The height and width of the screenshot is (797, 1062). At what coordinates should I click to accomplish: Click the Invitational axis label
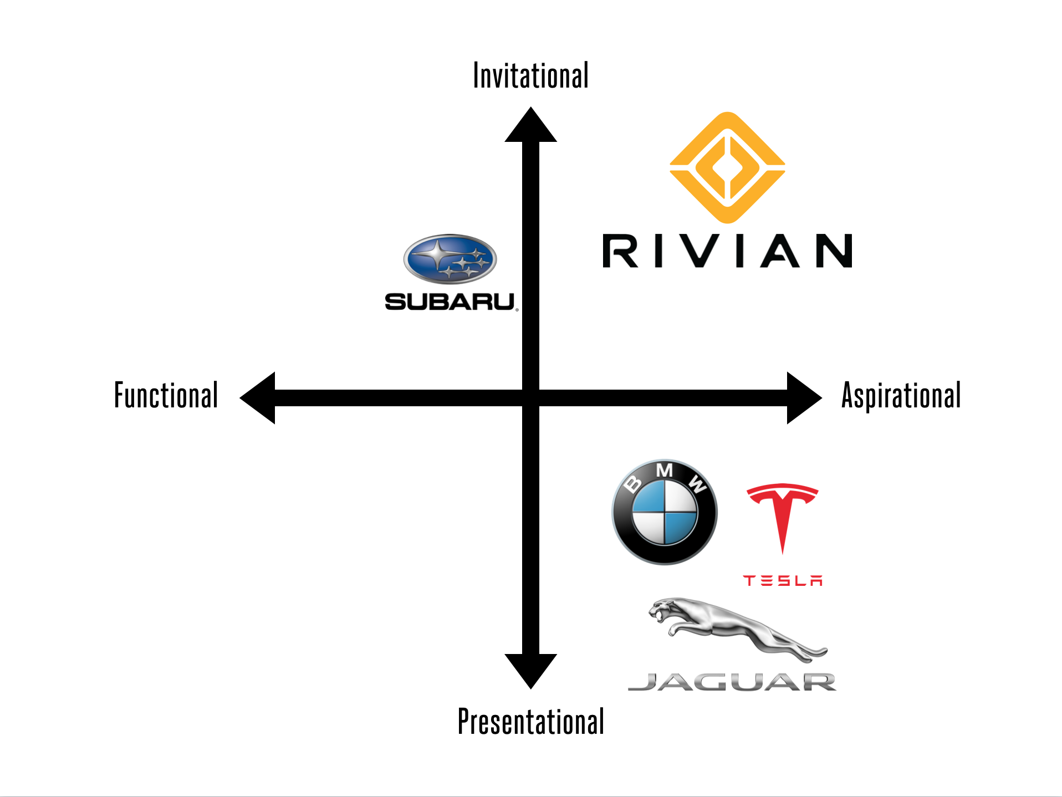point(530,76)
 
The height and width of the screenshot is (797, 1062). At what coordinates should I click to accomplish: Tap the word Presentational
point(530,721)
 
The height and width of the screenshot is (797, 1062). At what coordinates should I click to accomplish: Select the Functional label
point(166,395)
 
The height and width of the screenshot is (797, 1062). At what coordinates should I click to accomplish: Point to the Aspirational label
point(901,396)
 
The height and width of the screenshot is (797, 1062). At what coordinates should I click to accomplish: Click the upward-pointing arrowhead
point(530,127)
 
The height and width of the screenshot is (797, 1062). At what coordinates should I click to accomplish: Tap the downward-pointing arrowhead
point(530,669)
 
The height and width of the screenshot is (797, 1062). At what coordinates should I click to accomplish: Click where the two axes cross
point(530,398)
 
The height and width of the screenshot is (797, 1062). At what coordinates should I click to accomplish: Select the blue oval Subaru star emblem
point(450,259)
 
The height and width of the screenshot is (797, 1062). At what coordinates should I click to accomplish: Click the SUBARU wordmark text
point(450,302)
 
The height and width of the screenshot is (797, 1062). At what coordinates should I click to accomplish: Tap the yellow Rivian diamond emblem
point(727,167)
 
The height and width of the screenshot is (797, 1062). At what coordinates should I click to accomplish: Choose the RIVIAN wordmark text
point(727,251)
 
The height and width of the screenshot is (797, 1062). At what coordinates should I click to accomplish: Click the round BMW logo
point(664,512)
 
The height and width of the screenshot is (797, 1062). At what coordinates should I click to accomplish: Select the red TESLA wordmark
point(783,580)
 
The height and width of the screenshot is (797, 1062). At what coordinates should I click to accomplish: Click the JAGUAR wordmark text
point(732,682)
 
